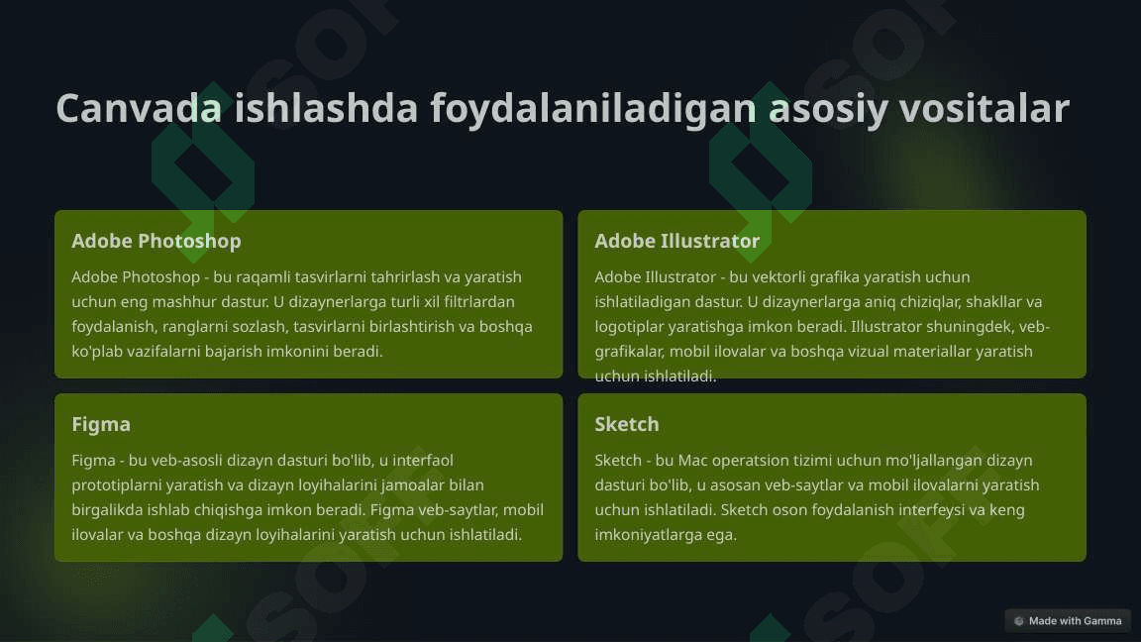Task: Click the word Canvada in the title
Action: pos(139,108)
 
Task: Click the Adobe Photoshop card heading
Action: pos(156,241)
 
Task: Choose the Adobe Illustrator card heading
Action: pos(676,241)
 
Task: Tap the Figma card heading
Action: pos(101,424)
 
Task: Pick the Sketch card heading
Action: pos(627,424)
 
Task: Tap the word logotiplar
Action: pos(629,327)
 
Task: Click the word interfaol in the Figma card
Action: pos(423,460)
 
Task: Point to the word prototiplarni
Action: pos(117,485)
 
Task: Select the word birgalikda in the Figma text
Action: pos(107,510)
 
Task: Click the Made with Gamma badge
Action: pos(1068,621)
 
